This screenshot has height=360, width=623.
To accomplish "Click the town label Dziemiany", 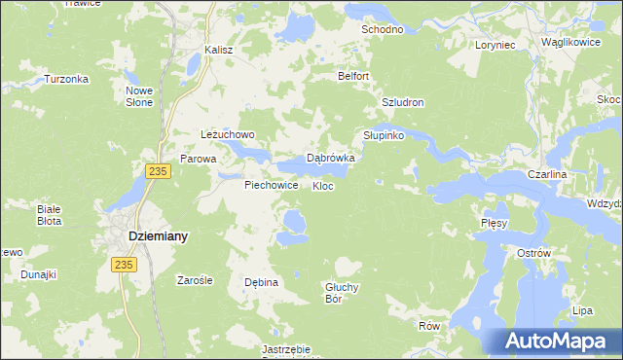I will (x=159, y=236).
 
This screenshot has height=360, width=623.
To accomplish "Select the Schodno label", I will (x=383, y=30).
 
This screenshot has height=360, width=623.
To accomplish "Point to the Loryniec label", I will (x=500, y=45).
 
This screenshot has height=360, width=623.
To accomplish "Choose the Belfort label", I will (x=353, y=76).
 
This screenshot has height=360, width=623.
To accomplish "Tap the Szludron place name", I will (x=402, y=102).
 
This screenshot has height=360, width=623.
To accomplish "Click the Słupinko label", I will (x=384, y=135).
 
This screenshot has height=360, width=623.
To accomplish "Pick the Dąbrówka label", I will (x=330, y=157).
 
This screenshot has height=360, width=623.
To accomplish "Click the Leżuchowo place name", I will (x=227, y=134).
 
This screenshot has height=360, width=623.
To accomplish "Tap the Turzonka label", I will (x=66, y=80).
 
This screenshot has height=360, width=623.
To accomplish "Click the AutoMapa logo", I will (x=556, y=342).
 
